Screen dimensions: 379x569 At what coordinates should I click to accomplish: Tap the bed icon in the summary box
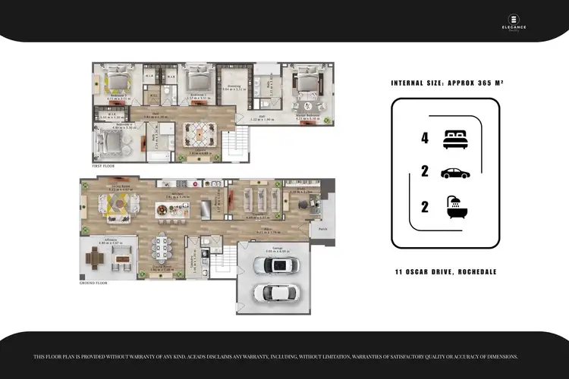click(455, 138)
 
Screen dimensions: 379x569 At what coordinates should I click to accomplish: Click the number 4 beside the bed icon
click(425, 138)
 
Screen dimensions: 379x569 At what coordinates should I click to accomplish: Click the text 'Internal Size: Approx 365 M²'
click(444, 83)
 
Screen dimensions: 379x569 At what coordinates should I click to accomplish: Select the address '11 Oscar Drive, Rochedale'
click(445, 271)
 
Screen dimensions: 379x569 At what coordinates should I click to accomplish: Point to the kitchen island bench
click(171, 208)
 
